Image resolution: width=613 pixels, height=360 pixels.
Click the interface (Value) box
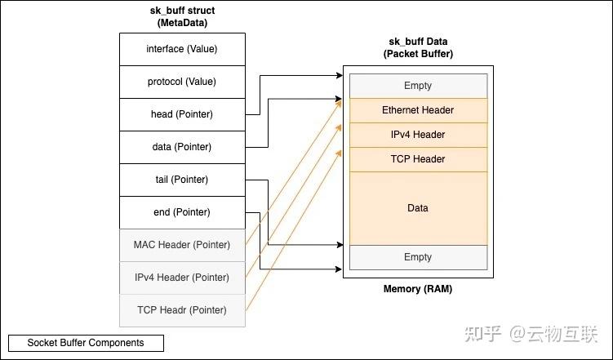coord(181,49)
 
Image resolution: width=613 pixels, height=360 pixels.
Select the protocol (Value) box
coord(181,82)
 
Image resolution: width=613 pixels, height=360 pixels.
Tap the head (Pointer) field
coord(181,114)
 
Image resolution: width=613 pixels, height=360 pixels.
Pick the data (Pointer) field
coord(181,147)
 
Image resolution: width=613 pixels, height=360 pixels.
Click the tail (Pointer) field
coord(181,180)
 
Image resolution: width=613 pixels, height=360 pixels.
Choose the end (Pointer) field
coord(181,212)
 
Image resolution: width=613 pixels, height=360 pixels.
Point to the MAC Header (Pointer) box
coord(181,245)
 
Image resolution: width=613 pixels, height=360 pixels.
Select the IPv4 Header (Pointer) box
coord(181,278)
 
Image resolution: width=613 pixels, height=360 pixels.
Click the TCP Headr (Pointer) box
coord(181,310)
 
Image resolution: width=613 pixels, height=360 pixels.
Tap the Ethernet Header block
coord(418,110)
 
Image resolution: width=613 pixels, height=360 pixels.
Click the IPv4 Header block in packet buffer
coord(418,135)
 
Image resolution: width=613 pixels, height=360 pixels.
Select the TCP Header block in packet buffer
coord(418,159)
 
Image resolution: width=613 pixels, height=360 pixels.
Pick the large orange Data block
coord(418,208)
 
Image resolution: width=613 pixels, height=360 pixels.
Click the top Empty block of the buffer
coord(418,86)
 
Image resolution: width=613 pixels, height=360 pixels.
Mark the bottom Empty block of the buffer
coord(418,257)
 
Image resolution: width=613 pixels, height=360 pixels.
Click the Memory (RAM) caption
coord(418,290)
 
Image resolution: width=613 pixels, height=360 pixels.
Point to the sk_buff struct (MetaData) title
coord(181,17)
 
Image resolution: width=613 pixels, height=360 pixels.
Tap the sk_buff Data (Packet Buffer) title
coord(418,48)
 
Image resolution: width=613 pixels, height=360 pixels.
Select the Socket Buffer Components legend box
coord(86,343)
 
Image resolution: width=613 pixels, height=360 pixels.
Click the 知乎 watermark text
coord(482,334)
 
